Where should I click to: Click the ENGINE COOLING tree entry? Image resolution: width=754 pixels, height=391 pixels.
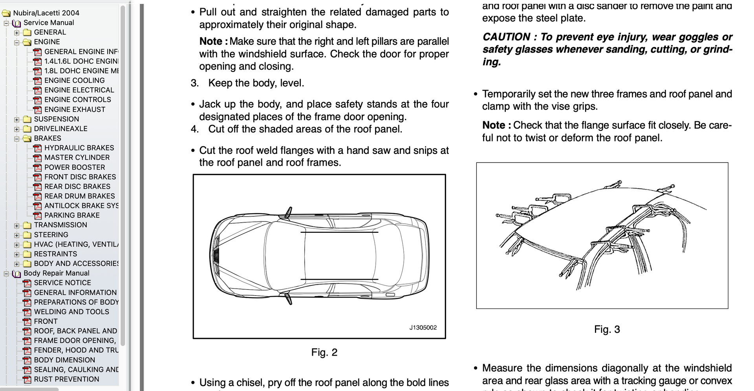pyautogui.click(x=74, y=80)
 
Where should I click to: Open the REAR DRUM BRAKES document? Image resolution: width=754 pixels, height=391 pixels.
pyautogui.click(x=79, y=196)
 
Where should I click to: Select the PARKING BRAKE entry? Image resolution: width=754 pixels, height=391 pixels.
pyautogui.click(x=72, y=215)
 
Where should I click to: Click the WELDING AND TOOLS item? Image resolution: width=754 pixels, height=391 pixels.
pyautogui.click(x=71, y=312)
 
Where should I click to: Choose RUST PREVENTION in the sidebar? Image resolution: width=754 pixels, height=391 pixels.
pyautogui.click(x=66, y=379)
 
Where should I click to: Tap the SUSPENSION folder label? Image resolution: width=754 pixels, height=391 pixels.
pyautogui.click(x=56, y=119)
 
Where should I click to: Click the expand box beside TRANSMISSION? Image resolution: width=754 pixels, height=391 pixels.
pyautogui.click(x=16, y=225)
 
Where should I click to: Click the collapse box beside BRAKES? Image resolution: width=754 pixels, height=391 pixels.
pyautogui.click(x=16, y=139)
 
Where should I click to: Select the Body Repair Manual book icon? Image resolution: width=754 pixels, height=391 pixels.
pyautogui.click(x=16, y=274)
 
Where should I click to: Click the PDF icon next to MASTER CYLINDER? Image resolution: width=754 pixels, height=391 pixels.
pyautogui.click(x=37, y=158)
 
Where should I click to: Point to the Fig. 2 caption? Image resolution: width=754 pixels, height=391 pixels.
pyautogui.click(x=324, y=353)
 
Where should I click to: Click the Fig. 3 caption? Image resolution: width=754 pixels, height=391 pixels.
pyautogui.click(x=607, y=329)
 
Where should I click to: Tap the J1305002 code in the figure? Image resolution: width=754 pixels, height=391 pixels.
pyautogui.click(x=423, y=328)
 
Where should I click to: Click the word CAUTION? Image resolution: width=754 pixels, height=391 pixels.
pyautogui.click(x=506, y=37)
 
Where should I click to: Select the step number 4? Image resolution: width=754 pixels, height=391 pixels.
pyautogui.click(x=194, y=129)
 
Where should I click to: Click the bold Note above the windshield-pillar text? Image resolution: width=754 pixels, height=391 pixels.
pyautogui.click(x=210, y=41)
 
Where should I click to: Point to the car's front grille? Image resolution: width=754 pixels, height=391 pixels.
pyautogui.click(x=215, y=256)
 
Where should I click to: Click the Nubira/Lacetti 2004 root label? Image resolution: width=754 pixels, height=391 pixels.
pyautogui.click(x=46, y=13)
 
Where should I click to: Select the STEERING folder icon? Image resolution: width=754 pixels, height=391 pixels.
pyautogui.click(x=27, y=235)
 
